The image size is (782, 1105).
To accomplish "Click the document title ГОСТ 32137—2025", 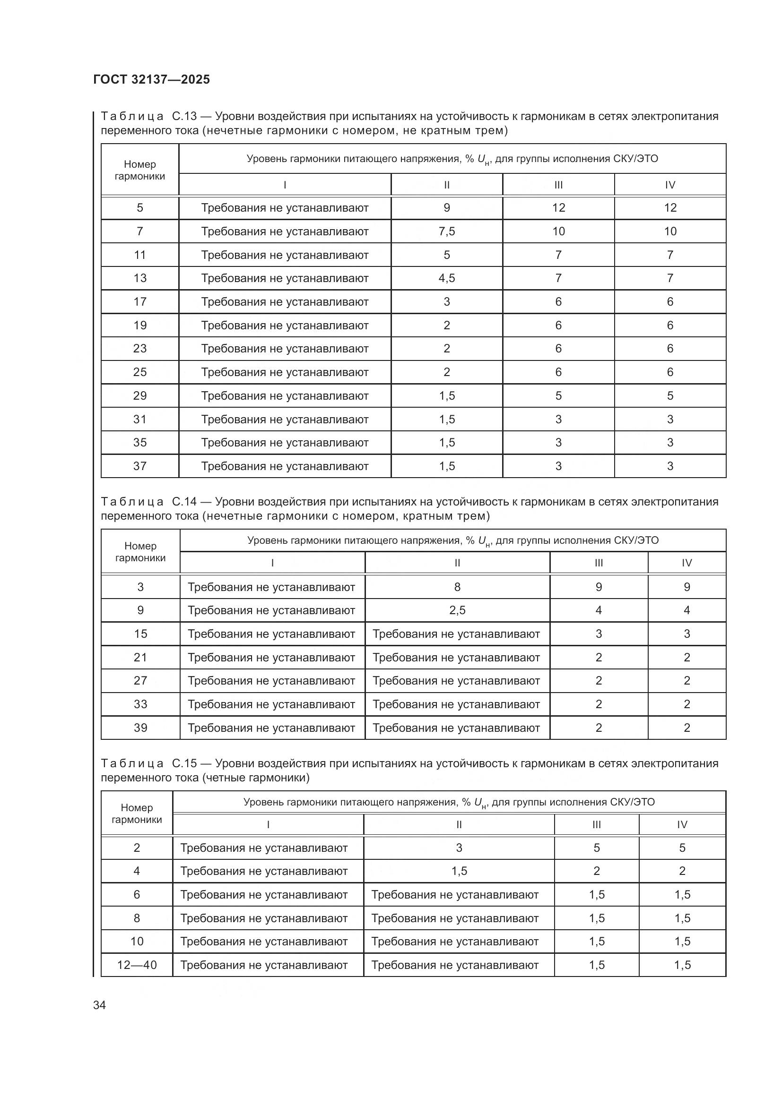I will coord(152,79).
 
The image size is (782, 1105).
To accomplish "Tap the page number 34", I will coord(99,1005).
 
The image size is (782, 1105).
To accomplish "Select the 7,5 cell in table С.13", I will coord(446,231).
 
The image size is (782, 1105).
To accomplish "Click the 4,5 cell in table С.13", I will coord(446,278).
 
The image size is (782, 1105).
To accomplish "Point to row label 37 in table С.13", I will coord(139,466).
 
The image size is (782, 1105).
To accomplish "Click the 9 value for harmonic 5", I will coord(446,208).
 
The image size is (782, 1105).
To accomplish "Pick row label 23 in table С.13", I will coord(139,349).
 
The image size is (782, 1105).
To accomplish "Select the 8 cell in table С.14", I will coord(457,587).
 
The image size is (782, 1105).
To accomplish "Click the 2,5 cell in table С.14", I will coord(457,610).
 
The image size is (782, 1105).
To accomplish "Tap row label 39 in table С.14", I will coord(140,728).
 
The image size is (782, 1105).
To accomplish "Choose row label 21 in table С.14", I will coord(140,658).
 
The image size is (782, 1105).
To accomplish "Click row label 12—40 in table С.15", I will coord(137,965).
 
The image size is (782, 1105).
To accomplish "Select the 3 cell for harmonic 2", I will coord(459,848).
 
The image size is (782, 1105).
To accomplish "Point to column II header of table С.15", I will coord(459,824).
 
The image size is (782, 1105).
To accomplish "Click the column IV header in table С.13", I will coord(670,185).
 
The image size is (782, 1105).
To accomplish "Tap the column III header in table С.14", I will coord(599,563).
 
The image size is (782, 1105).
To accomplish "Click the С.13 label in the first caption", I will coord(184,117).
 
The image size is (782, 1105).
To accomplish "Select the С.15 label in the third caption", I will coord(184,763).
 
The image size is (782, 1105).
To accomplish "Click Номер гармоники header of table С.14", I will coord(140,552).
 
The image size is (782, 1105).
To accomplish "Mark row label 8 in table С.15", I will coord(137,918).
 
